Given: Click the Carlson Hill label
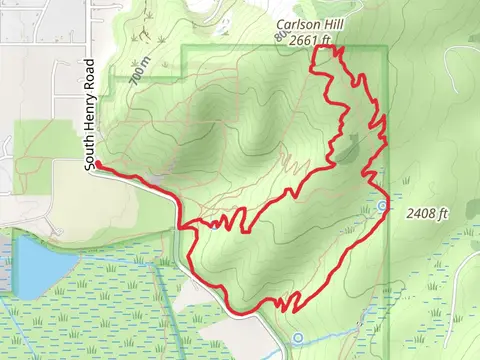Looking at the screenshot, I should click(305, 27).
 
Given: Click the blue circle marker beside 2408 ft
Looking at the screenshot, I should click(383, 207).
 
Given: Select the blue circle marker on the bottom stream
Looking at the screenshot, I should click(298, 338).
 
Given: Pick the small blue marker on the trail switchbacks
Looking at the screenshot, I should click(215, 224).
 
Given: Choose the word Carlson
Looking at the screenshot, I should click(295, 27).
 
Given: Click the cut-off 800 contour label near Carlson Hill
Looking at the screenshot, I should click(279, 38).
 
